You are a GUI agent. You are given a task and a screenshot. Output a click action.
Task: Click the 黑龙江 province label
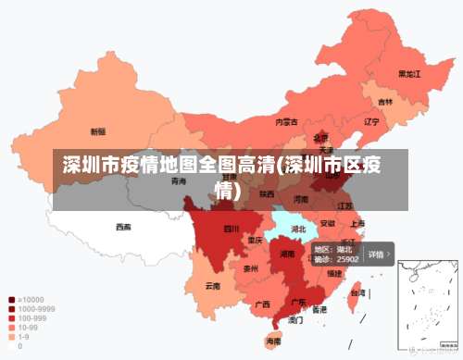[409, 73]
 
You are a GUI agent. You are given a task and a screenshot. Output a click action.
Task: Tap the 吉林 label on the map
[385, 102]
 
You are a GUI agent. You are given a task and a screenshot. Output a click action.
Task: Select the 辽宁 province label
[371, 121]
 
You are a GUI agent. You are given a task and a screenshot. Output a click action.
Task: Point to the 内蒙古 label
[286, 121]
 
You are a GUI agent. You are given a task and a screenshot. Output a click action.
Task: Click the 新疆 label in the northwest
[98, 131]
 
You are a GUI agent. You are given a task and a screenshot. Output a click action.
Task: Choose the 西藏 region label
[123, 226]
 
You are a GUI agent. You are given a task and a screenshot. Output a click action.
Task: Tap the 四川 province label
[231, 229]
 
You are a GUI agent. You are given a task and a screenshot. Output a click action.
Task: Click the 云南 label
[213, 286]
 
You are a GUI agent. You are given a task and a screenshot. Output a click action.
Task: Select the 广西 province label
[262, 304]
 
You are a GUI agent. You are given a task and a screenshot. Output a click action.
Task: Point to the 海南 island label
[273, 341]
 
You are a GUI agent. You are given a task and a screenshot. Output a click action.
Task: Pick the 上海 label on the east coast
[357, 223]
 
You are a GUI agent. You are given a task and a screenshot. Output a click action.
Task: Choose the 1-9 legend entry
[23, 337]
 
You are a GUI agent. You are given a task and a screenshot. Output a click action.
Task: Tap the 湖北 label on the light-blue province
[298, 229]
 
